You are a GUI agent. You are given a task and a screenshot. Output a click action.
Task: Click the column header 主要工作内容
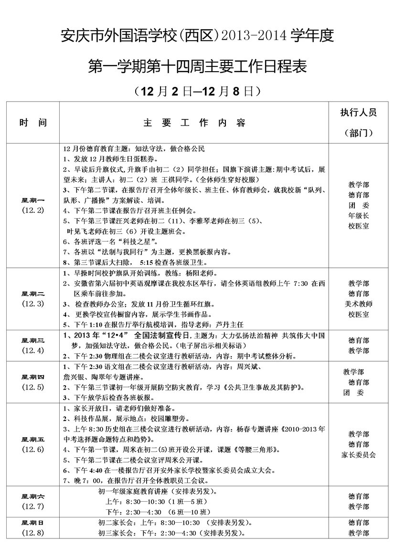click(x=194, y=123)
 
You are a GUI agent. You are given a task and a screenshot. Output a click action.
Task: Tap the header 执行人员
click(x=358, y=113)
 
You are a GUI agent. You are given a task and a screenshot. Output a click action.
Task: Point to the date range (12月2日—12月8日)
click(x=197, y=90)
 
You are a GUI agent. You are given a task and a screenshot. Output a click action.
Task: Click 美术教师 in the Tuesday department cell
click(x=358, y=304)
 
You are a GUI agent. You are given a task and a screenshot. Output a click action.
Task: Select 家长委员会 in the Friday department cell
click(x=358, y=454)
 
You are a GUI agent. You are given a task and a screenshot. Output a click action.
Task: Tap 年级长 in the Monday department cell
click(x=358, y=215)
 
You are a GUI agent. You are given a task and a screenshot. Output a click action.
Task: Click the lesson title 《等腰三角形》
click(x=253, y=450)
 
